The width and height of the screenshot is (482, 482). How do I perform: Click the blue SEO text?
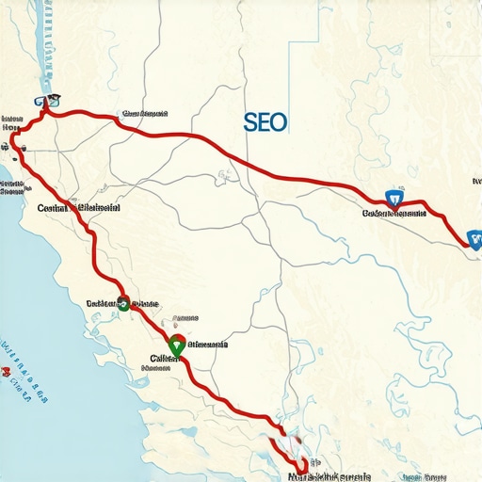265,122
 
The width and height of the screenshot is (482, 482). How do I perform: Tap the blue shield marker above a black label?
394,199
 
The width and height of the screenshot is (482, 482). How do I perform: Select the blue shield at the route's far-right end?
472,240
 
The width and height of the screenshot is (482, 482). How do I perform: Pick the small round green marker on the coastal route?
123,302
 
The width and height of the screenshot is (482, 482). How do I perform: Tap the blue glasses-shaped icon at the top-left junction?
44,101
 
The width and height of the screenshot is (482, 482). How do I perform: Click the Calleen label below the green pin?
164,360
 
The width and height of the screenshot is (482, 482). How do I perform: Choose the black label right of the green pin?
207,345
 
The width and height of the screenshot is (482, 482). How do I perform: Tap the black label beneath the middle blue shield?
394,214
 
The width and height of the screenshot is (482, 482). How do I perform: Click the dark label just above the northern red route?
144,114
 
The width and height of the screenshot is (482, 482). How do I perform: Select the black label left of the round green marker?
100,304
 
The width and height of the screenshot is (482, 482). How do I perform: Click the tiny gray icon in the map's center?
225,174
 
